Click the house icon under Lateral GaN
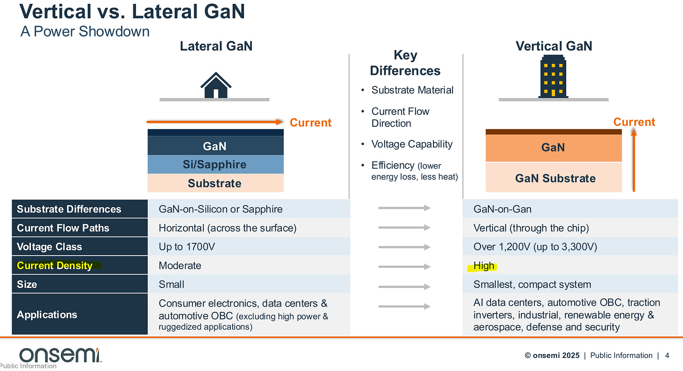point(216,85)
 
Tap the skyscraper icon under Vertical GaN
point(553,77)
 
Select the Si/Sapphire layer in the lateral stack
point(215,165)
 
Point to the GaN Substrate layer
point(554,178)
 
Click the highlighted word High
point(484,266)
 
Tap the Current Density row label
point(55,265)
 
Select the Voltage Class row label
point(49,247)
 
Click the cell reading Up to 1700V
point(187,247)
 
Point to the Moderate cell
point(180,265)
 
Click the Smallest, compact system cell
point(532,284)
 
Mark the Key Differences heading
point(405,63)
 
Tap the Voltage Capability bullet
point(412,144)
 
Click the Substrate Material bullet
point(412,90)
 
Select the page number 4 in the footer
point(667,356)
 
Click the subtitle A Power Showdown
point(85,31)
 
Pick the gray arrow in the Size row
point(404,287)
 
